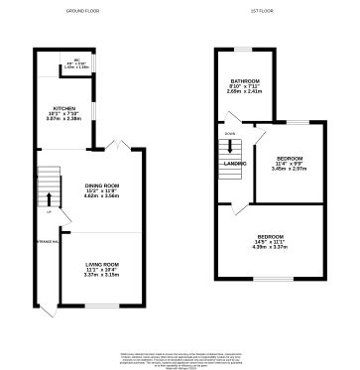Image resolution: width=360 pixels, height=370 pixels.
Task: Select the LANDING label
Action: point(235,164)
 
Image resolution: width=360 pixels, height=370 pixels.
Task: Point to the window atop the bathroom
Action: point(241,48)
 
